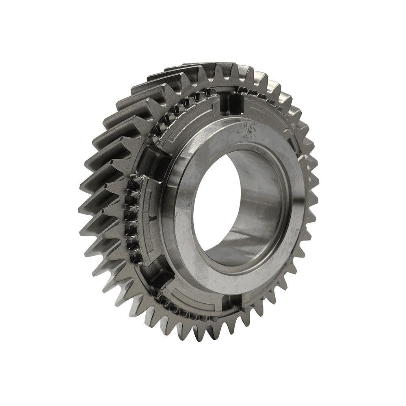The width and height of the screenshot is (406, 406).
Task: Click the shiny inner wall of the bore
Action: pos(260,203)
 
